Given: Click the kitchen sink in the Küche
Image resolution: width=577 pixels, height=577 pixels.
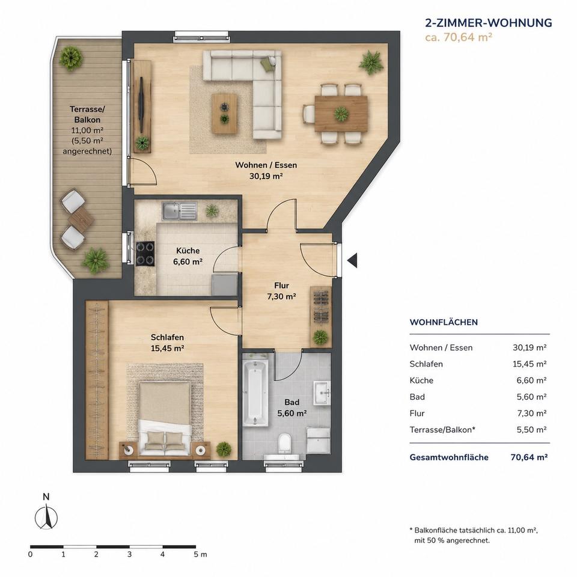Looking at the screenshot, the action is (180, 211).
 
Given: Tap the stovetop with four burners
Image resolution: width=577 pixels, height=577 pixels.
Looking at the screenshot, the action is (145, 254).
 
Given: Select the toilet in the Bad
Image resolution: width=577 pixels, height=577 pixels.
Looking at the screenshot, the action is (285, 443).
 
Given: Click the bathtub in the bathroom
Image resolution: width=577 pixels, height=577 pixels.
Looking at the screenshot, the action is (255, 393).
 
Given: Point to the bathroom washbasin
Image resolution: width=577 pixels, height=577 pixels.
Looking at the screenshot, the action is (322, 392).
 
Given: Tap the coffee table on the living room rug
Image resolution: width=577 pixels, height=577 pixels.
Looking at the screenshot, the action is (224, 113).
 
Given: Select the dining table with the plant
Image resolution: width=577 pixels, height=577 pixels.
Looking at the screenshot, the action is (341, 114).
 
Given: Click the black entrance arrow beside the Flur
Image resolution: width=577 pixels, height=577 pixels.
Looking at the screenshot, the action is (353, 260).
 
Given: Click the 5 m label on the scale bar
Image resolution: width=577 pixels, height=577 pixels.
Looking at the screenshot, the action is (201, 554).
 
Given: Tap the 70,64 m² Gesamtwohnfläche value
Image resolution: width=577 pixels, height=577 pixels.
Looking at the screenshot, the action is (529, 457).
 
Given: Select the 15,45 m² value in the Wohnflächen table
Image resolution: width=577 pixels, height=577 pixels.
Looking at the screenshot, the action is (530, 364).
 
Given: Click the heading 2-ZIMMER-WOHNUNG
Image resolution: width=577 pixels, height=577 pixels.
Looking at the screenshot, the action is (489, 23).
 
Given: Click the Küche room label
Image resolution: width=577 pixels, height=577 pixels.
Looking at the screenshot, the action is (188, 251).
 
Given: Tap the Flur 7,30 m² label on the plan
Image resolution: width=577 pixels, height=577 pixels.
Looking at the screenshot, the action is (281, 291).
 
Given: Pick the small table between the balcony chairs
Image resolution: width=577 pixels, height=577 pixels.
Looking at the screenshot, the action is (81, 220).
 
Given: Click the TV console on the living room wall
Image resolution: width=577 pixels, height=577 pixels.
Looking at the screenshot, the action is (142, 106).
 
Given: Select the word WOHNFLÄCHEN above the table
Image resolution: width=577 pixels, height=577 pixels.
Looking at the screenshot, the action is (444, 322).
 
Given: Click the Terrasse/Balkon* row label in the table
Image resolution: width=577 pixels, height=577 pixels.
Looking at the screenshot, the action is (442, 429).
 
